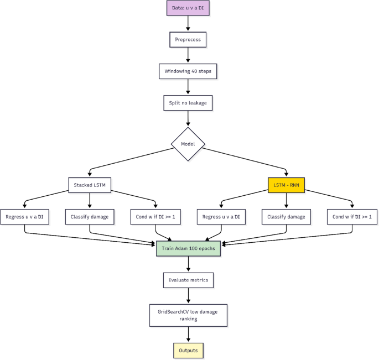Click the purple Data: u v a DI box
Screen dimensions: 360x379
point(189,9)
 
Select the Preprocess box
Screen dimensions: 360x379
point(189,40)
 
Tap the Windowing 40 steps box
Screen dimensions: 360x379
point(189,71)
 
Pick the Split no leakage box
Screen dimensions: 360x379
point(189,103)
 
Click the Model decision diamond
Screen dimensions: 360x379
point(189,145)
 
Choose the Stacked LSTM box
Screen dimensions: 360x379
point(90,185)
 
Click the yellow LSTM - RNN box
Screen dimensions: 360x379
point(287,185)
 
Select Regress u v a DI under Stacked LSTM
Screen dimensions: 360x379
point(25,217)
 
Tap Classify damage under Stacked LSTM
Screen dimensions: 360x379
point(90,217)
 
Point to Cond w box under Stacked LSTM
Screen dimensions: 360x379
point(155,217)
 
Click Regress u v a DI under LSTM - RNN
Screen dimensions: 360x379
point(221,217)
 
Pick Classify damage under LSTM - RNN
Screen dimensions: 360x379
point(287,217)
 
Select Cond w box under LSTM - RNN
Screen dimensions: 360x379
point(352,217)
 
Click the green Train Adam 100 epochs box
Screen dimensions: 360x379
point(189,248)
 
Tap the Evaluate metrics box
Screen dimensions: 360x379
point(189,280)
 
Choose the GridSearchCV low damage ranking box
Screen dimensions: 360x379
point(189,315)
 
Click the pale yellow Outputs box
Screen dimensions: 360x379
point(189,351)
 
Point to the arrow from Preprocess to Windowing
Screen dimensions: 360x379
point(189,55)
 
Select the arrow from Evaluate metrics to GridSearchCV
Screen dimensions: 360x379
point(189,295)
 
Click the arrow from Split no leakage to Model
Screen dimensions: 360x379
point(189,118)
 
